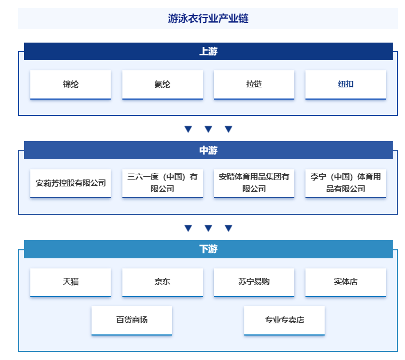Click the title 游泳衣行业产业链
(x=208, y=18)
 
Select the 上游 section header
(x=208, y=51)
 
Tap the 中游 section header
(x=208, y=150)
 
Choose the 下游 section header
(x=208, y=249)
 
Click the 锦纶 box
(x=70, y=85)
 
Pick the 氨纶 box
(x=162, y=85)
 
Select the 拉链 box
(x=254, y=85)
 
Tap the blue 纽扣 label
(x=345, y=84)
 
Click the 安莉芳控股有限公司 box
(x=70, y=184)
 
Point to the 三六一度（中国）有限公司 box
(x=162, y=184)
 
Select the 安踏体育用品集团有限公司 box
(x=254, y=184)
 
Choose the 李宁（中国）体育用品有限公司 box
(x=345, y=184)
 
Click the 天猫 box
(x=70, y=282)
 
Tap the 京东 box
(x=162, y=282)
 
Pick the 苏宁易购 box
(x=254, y=282)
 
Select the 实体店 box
(x=345, y=282)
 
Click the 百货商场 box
(x=132, y=321)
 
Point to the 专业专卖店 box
(x=284, y=321)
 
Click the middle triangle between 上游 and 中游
(x=208, y=129)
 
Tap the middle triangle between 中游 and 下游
(x=208, y=228)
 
